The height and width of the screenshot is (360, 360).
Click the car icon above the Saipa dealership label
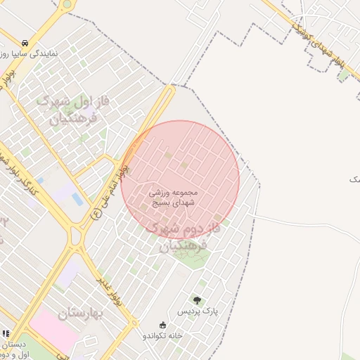(x=25, y=42)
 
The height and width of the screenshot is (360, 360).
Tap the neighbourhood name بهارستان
(x=81, y=313)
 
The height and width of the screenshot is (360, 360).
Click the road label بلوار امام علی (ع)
(x=110, y=190)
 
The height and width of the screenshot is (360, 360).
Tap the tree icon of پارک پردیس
(x=196, y=300)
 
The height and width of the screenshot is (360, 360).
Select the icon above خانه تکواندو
(x=163, y=325)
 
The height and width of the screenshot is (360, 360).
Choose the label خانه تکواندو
(x=163, y=335)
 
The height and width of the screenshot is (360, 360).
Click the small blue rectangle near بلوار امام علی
(x=77, y=200)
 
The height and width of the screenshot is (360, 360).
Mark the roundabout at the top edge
(x=67, y=4)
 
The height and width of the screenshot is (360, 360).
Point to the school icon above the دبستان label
(x=6, y=334)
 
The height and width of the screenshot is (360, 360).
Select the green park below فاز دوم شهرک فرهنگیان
(x=188, y=252)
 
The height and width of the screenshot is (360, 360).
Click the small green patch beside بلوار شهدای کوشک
(x=343, y=75)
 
